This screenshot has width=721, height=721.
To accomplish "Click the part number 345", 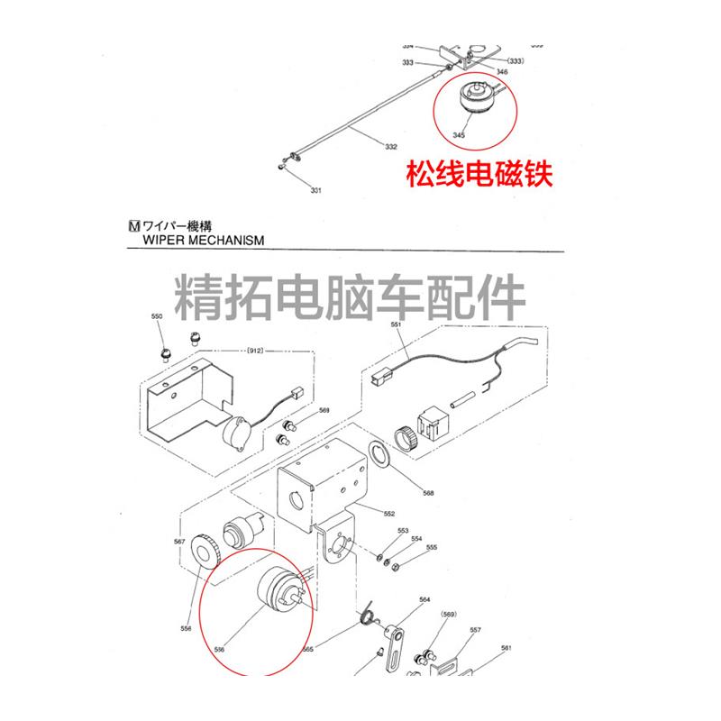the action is pyautogui.click(x=459, y=135).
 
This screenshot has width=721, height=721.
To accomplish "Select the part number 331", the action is pyautogui.click(x=315, y=190).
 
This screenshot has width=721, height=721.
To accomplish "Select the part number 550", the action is pyautogui.click(x=157, y=317).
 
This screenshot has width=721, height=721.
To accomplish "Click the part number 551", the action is pyautogui.click(x=395, y=324).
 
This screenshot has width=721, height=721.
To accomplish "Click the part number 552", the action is pyautogui.click(x=388, y=514).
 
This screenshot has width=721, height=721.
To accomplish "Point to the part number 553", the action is pyautogui.click(x=403, y=531).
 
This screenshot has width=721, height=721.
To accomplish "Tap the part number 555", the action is pyautogui.click(x=432, y=547).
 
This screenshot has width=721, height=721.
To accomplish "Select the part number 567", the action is pyautogui.click(x=179, y=542).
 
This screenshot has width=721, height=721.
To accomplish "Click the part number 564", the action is pyautogui.click(x=424, y=599).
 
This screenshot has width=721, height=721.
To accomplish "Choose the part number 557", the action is pyautogui.click(x=475, y=630).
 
